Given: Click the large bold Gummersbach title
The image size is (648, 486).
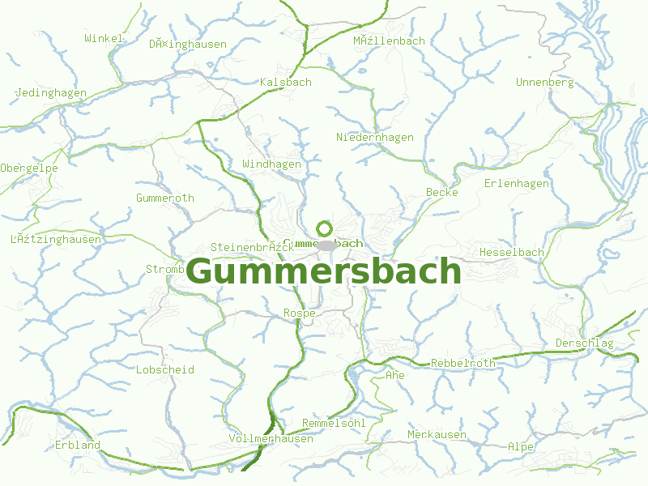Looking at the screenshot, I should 323,271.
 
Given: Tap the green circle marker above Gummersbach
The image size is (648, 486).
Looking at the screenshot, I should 325,228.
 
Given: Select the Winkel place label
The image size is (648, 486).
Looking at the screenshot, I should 104,38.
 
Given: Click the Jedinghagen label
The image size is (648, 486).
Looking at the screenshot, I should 50,93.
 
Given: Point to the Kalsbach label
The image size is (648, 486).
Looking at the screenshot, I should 285,83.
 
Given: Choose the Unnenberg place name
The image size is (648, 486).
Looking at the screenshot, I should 544,83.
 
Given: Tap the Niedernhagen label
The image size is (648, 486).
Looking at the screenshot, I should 374,138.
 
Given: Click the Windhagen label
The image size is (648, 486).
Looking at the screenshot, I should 271,164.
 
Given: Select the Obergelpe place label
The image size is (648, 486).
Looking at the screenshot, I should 29,168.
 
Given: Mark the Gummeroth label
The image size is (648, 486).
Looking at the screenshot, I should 165,198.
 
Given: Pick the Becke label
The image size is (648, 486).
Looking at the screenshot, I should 441,193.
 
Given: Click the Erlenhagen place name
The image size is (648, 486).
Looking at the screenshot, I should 516,184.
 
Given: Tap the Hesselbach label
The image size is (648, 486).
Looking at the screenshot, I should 511,253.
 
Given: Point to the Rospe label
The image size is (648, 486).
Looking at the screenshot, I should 299,313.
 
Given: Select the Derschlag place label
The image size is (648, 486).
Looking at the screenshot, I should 584,344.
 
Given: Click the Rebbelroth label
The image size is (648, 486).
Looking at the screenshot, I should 463,364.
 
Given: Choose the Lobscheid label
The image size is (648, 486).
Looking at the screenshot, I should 165,370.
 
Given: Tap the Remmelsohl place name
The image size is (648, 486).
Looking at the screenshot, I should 334,424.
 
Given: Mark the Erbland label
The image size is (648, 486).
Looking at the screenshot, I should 78,446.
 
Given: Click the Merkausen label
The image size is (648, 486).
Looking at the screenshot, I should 437,435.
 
